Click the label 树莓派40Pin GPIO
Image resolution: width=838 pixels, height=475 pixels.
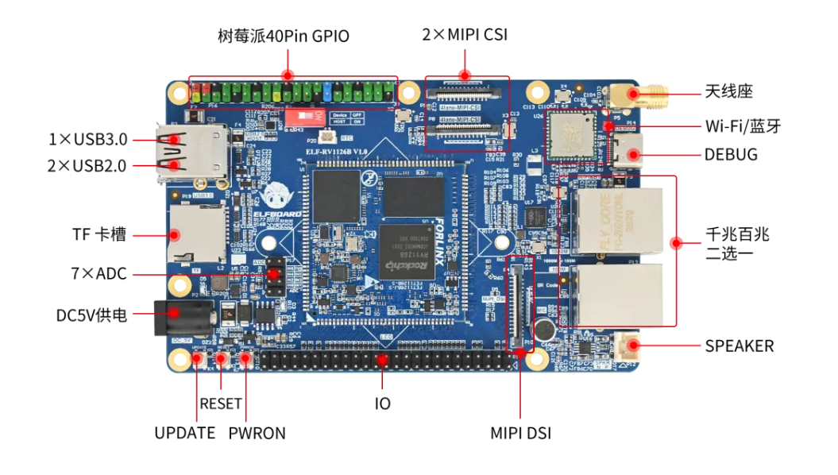point(283,37)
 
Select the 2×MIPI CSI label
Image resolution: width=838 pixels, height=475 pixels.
point(465,35)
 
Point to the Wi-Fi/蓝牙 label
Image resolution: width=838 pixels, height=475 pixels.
point(743,126)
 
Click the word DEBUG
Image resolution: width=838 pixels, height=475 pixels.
point(731,154)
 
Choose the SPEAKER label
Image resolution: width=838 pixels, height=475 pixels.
point(739,346)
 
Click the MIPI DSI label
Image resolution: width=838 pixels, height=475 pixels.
point(520,434)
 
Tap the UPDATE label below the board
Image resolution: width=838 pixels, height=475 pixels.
point(185,433)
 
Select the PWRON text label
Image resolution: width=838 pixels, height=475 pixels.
point(257,433)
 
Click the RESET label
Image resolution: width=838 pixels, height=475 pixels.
point(220,404)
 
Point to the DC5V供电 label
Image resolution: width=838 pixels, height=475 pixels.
point(91,315)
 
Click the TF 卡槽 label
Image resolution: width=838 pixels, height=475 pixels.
point(100,235)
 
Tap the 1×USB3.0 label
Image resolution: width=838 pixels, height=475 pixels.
point(87,140)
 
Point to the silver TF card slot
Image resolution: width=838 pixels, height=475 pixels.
point(195,233)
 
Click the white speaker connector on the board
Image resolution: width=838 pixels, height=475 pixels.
point(630,346)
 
